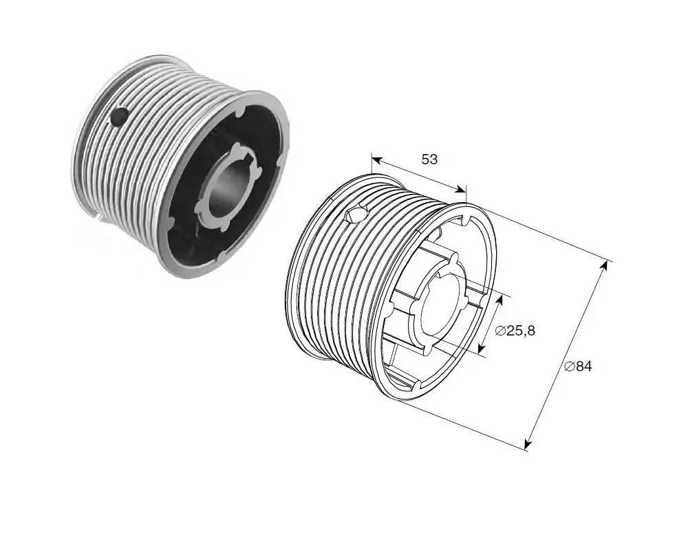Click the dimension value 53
tap(429, 159)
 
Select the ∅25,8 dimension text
tap(515, 330)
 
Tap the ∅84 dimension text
tap(579, 366)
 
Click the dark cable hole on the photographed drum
tap(119, 117)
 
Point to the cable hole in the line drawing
tap(356, 214)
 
